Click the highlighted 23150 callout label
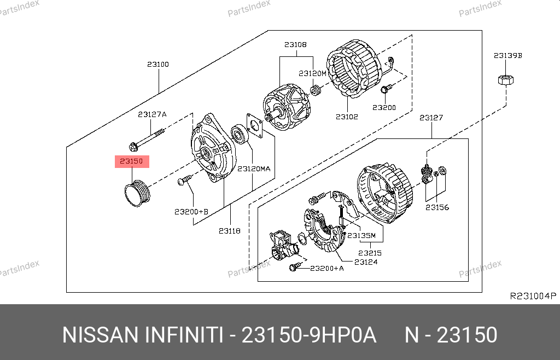point(132,161)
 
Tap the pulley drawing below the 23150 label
point(137,194)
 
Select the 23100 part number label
point(158,65)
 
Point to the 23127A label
point(152,114)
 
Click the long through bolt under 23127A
point(147,140)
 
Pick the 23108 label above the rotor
point(295,45)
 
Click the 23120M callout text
point(312,73)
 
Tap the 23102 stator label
point(347,117)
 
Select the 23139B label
point(508,55)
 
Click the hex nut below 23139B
point(506,80)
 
